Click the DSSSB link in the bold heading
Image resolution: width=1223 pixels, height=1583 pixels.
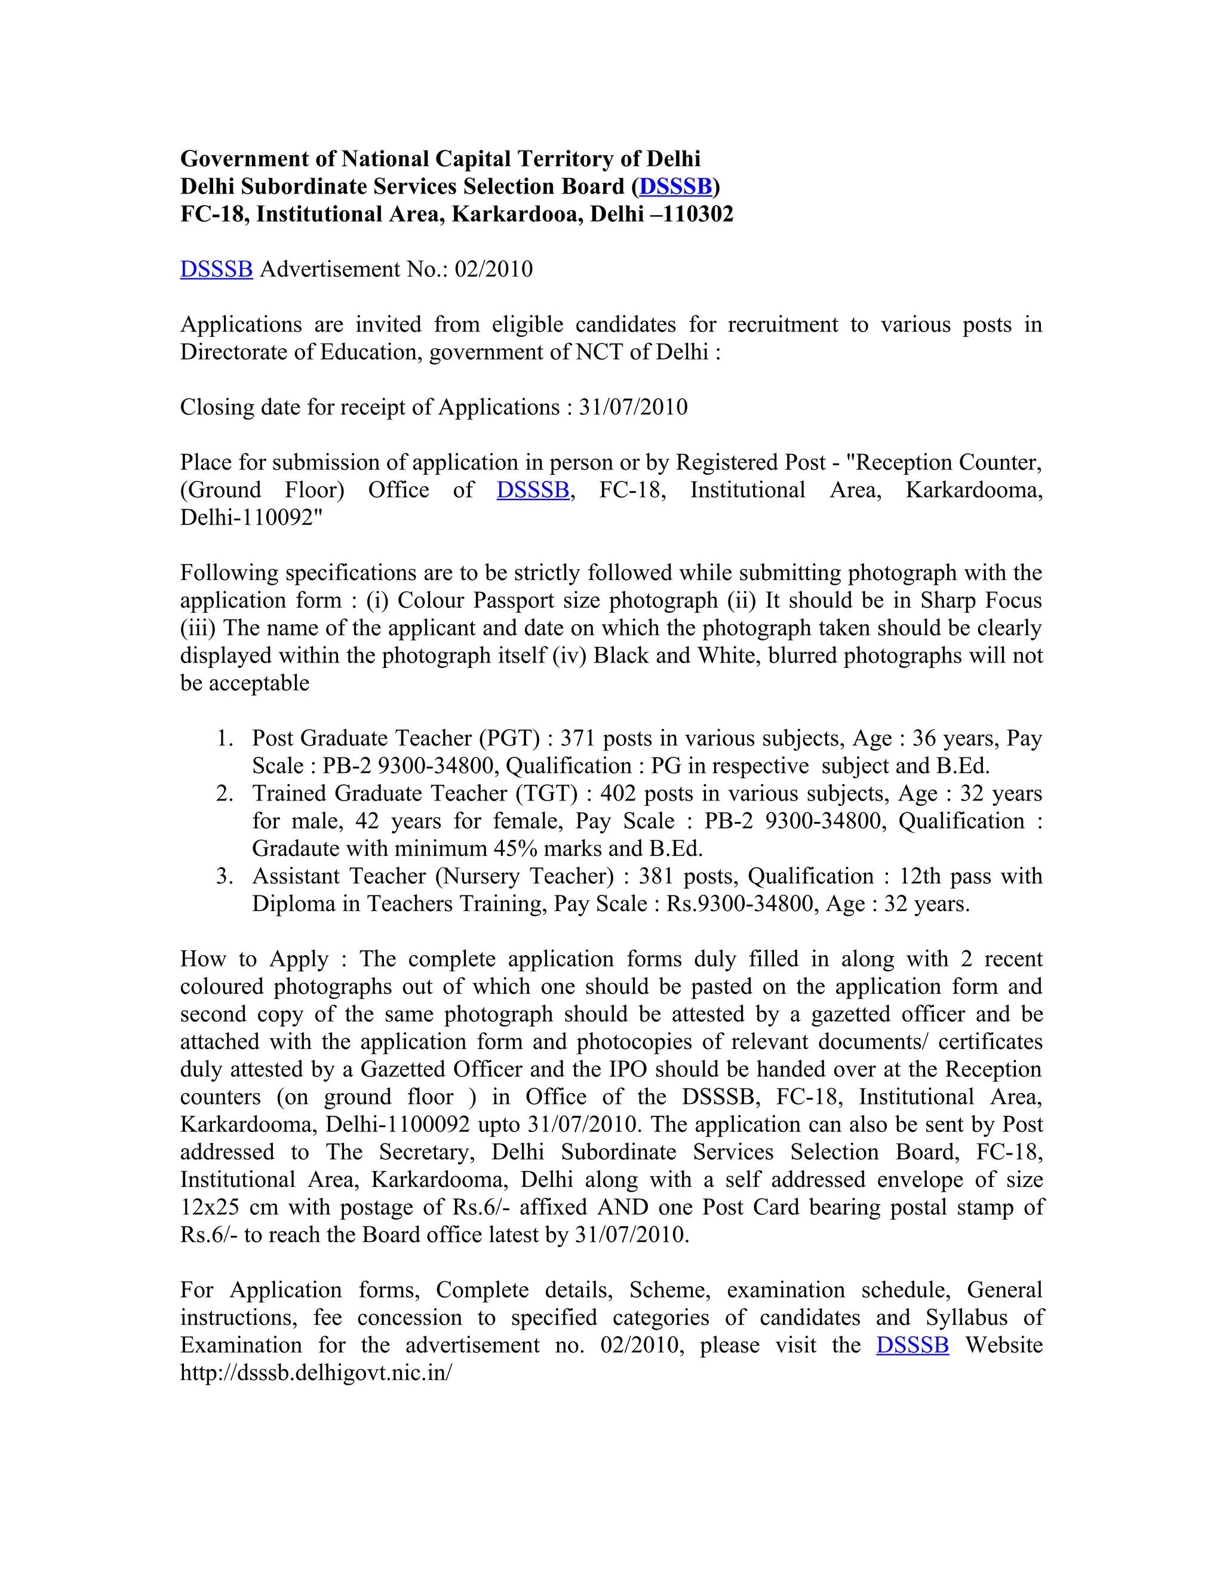coord(675,186)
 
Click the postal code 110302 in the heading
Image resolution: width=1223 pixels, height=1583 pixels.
coord(697,214)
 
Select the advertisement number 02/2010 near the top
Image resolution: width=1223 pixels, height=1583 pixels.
coord(493,269)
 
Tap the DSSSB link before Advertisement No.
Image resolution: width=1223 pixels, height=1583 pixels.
coord(216,269)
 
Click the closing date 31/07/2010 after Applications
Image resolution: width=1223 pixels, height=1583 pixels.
coord(632,407)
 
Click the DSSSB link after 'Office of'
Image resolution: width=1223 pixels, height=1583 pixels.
coord(533,490)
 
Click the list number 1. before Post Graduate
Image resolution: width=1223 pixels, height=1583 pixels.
coord(225,738)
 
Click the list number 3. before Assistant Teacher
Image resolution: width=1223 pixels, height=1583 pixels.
coord(225,876)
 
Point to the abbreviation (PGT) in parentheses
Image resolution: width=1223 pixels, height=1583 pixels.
coord(509,738)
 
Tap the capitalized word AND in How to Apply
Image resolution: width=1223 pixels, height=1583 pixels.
coord(623,1207)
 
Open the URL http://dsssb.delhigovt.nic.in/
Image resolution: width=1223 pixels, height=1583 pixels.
coord(316,1372)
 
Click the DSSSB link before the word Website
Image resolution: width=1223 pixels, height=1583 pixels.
coord(912,1345)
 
